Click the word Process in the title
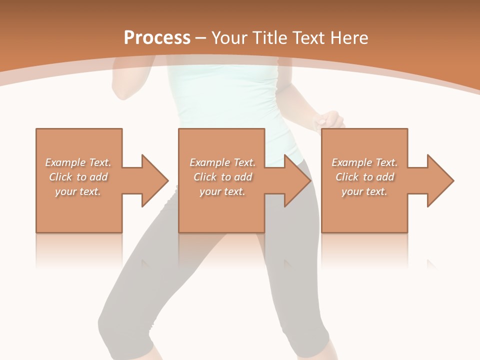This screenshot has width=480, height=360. pyautogui.click(x=157, y=38)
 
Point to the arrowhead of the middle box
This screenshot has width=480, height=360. pyautogui.click(x=297, y=180)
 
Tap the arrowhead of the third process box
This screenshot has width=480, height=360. pyautogui.click(x=440, y=180)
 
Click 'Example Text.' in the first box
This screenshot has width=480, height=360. pyautogui.click(x=78, y=162)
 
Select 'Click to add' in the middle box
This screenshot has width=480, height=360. pyautogui.click(x=222, y=177)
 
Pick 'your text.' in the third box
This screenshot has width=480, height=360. pyautogui.click(x=364, y=191)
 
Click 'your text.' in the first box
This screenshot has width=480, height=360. pyautogui.click(x=78, y=191)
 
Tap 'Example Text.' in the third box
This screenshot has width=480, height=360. pyautogui.click(x=364, y=162)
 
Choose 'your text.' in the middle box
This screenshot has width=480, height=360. pyautogui.click(x=222, y=191)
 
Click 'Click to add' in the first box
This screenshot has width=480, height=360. pyautogui.click(x=78, y=177)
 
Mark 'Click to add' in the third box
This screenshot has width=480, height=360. pyautogui.click(x=364, y=177)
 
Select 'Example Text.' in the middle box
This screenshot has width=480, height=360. pyautogui.click(x=222, y=162)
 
